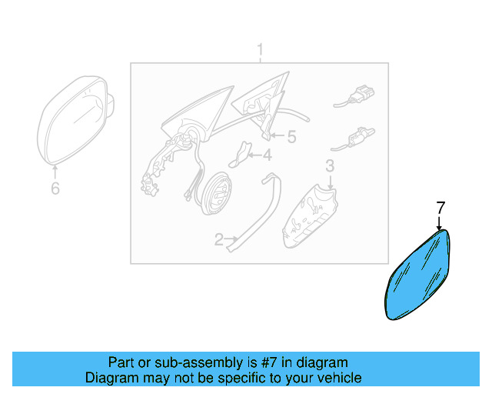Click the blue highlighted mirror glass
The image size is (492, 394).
[x=417, y=275]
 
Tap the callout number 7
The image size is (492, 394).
[x=440, y=208]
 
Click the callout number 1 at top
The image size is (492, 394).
[x=260, y=50]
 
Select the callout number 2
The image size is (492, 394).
[x=218, y=240]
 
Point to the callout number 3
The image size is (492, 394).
[x=330, y=166]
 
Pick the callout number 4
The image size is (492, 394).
[x=268, y=155]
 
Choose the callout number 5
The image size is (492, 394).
[x=292, y=137]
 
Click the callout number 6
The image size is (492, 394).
[x=55, y=189]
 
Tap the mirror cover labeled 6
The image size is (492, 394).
[x=75, y=120]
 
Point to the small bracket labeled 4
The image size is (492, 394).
[x=240, y=154]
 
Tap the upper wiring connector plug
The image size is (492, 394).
[x=354, y=97]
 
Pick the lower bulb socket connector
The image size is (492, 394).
[x=353, y=139]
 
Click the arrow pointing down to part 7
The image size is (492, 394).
[x=439, y=222]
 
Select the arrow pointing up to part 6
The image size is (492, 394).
[x=55, y=172]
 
